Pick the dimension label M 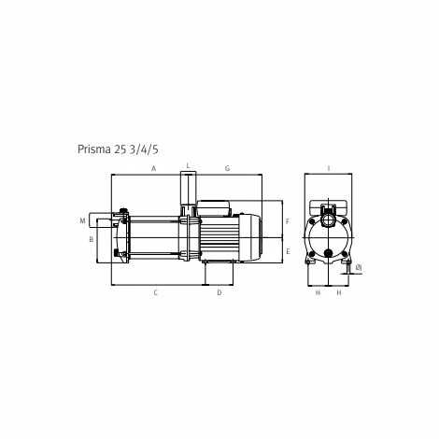click(x=82, y=220)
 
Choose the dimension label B click(x=91, y=239)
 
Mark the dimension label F click(x=288, y=221)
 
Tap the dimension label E click(x=288, y=251)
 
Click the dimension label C click(x=156, y=293)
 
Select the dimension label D click(x=219, y=293)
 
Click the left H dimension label click(x=318, y=293)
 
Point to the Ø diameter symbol click(x=360, y=269)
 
